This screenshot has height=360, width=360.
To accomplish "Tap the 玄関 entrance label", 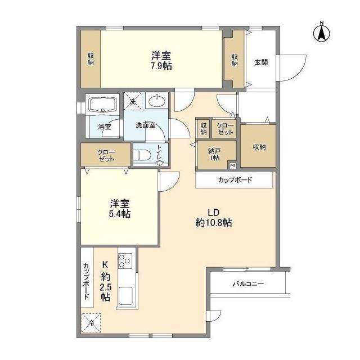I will click(260, 62).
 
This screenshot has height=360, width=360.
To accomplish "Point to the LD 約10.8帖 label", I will click(213, 217).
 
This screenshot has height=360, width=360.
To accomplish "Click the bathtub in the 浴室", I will click(102, 105).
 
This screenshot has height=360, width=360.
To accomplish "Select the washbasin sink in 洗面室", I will click(157, 102).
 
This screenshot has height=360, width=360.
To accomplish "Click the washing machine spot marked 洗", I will click(133, 101).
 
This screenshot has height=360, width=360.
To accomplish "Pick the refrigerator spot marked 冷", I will click(91, 323).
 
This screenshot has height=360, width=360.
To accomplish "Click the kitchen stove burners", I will click(125, 262).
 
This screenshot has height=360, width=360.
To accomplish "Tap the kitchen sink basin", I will click(125, 296).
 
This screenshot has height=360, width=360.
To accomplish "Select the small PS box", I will click(232, 165).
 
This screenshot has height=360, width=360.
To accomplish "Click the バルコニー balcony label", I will click(248, 284).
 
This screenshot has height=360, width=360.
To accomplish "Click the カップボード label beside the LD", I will click(235, 180).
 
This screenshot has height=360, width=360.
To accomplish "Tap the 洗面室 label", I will click(146, 125).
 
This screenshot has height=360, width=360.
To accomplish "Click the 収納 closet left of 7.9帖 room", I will click(90, 59).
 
